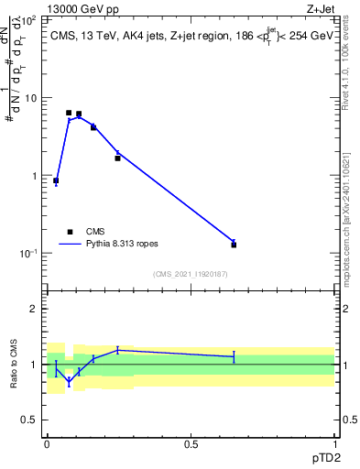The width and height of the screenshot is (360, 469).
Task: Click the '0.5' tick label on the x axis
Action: tap(191, 443)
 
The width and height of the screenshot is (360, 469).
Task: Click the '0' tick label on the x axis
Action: tap(47, 443)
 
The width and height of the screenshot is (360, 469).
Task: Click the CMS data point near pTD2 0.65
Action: tap(234, 245)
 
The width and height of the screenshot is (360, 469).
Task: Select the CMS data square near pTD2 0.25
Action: tap(117, 158)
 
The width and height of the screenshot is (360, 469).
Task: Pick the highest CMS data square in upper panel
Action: tap(69, 113)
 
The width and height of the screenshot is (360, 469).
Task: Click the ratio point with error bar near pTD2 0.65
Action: tap(234, 356)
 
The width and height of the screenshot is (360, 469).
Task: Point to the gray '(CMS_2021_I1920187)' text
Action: tap(190, 273)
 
